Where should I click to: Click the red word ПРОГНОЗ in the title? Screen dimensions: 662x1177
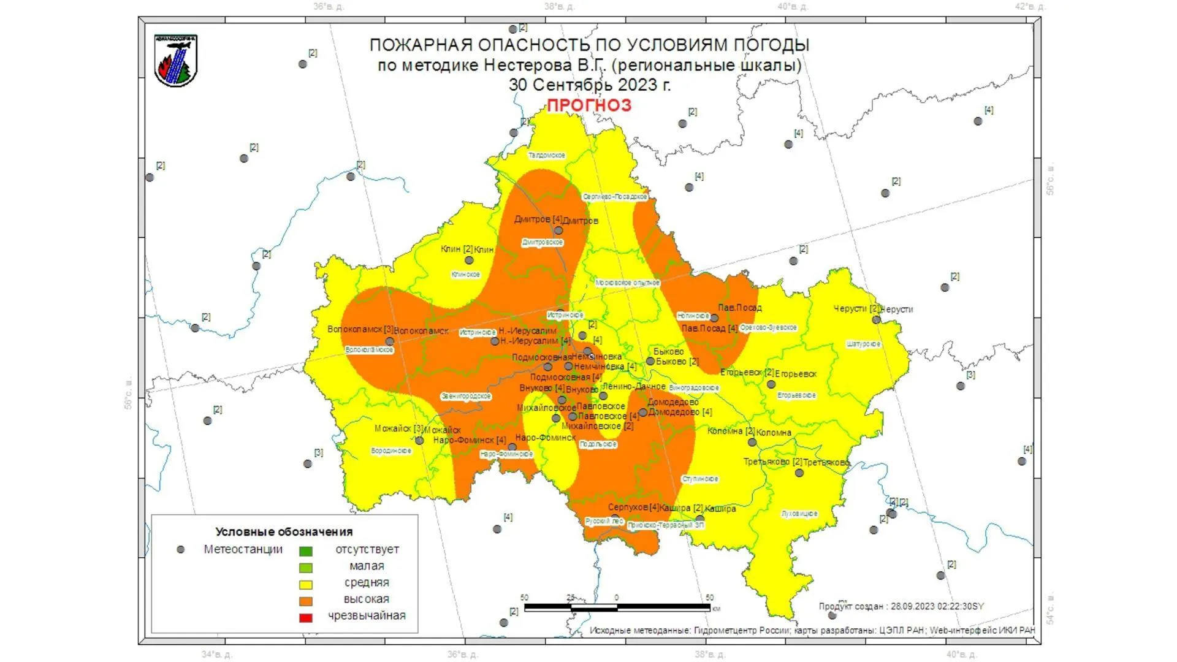pos(588,105)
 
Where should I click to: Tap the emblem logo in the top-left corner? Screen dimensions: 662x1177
pos(176,60)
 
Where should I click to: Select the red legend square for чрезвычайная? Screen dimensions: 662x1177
pos(305,617)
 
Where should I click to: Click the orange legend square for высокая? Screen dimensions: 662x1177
pos(305,601)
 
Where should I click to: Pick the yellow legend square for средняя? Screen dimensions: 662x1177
pos(305,584)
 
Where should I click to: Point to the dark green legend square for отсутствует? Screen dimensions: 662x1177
pos(305,551)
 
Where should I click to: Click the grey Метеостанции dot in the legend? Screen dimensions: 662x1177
pos(180,550)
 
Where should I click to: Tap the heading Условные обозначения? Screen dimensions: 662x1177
pos(284,531)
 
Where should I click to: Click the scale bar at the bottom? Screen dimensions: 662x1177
pos(617,607)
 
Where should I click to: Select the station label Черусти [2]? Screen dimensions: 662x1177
pos(856,309)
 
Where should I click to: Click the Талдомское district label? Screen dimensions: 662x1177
pos(547,156)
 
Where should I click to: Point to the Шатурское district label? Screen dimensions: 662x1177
pos(863,344)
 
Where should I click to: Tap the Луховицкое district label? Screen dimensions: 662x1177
pos(799,514)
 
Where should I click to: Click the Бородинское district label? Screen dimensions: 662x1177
pos(391,451)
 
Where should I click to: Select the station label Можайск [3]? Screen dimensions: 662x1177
pos(398,429)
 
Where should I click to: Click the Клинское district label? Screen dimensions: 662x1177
pos(465,275)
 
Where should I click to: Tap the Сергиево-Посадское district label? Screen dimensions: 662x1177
pos(615,197)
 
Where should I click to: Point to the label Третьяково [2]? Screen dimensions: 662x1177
pos(772,462)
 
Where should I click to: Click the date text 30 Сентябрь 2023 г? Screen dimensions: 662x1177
pos(589,85)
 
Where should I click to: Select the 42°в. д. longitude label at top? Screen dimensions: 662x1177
pos(1030,7)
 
